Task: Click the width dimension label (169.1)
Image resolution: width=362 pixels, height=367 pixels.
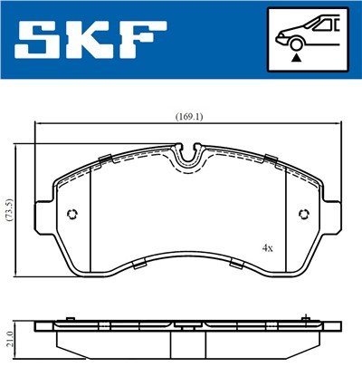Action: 188,116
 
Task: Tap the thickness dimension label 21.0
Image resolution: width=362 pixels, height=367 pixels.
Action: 8,338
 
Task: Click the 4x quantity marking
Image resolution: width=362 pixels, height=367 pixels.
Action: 267,246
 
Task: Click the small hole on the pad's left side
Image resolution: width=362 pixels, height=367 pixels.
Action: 74,214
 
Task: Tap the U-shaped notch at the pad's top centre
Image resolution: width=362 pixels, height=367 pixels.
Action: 188,159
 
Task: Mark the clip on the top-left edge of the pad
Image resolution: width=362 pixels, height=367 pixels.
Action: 105,161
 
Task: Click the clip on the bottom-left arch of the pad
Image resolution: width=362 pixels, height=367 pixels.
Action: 140,264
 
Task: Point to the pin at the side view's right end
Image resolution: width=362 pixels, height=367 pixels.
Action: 310,319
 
